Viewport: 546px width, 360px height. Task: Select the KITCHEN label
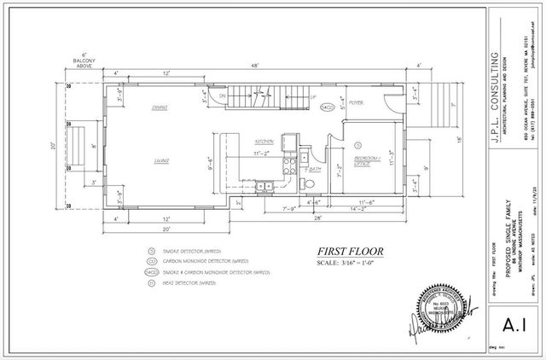[264, 141]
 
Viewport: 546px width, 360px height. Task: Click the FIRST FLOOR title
[351, 251]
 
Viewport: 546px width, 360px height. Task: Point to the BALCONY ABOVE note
[86, 62]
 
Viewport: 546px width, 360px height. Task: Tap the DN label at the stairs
[224, 97]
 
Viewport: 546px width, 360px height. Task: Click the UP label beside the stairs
[313, 96]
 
